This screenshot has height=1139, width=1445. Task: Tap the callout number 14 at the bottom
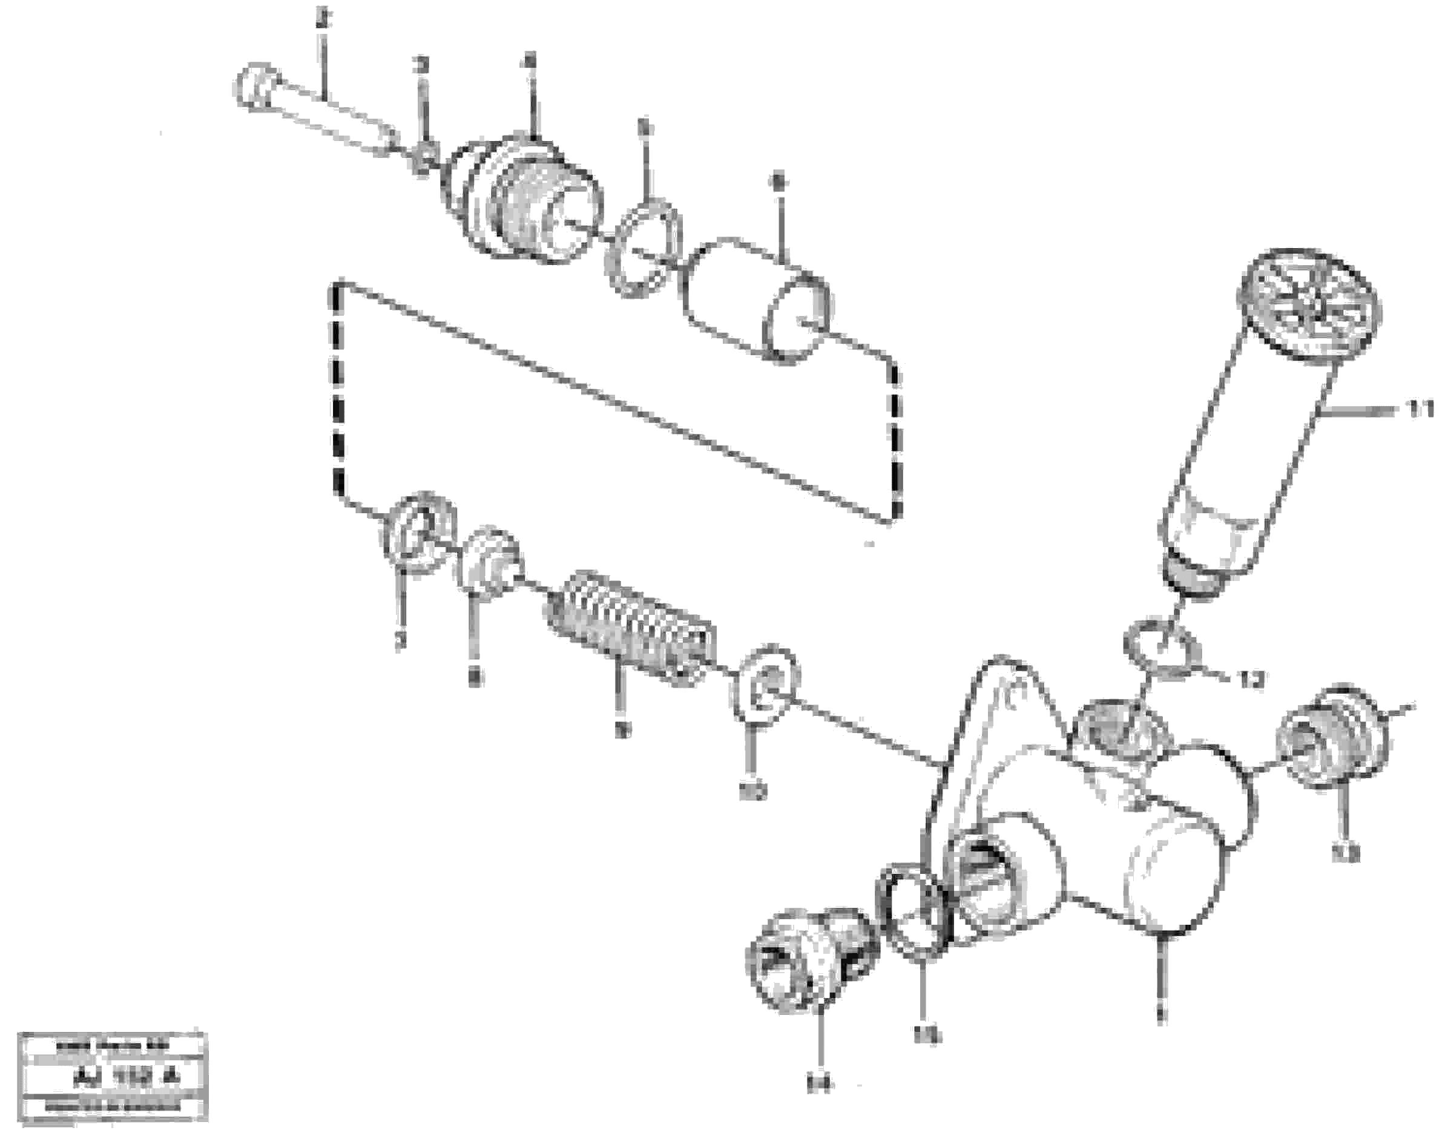pyautogui.click(x=818, y=1085)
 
